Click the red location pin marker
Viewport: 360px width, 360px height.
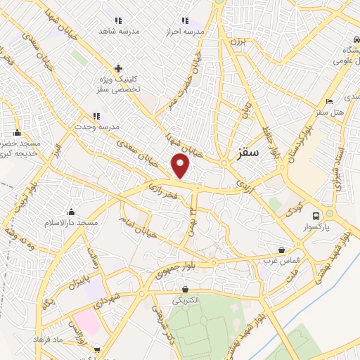click(181, 166)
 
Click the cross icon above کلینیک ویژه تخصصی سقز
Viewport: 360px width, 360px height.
click(118, 69)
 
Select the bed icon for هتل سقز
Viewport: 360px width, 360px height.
click(330, 102)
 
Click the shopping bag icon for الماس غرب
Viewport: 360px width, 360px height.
click(282, 250)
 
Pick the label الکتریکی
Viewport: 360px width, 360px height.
click(186, 300)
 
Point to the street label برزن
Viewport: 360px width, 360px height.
click(236, 41)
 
